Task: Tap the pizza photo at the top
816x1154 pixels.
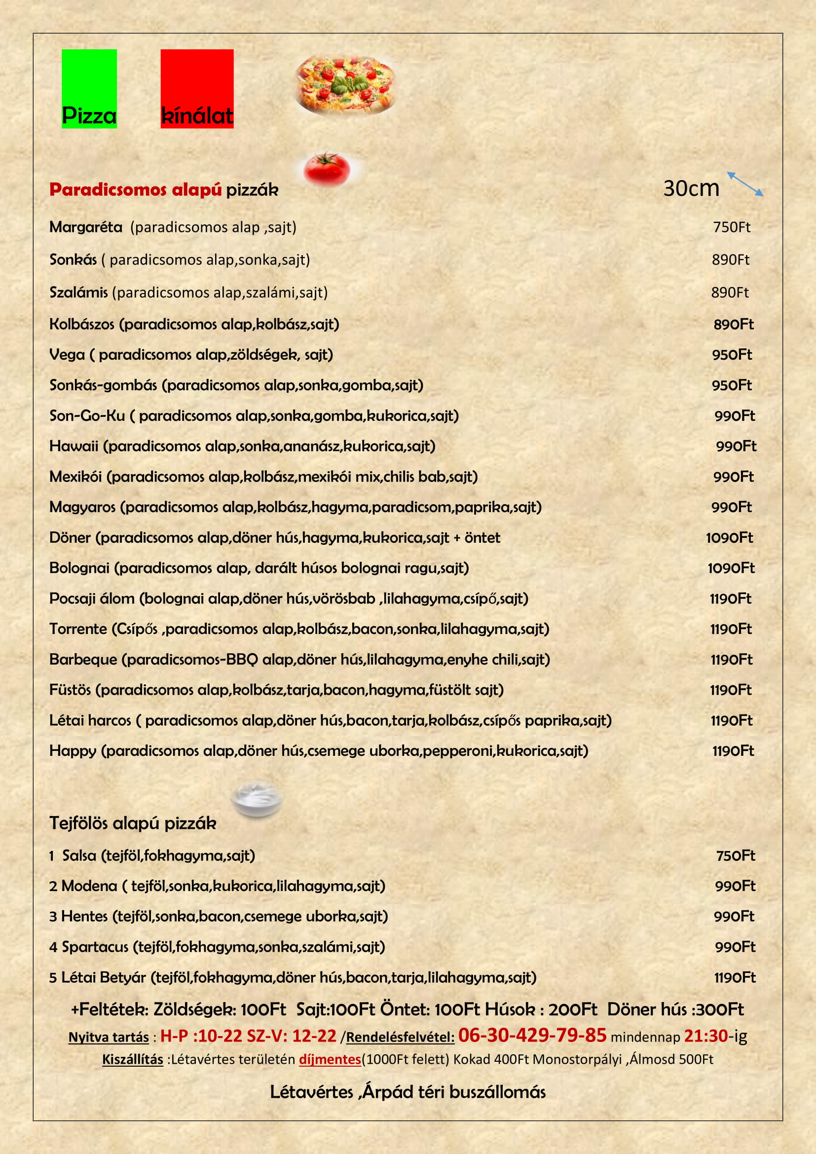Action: (x=345, y=84)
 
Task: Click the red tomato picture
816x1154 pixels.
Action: (x=327, y=168)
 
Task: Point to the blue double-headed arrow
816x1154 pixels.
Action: (x=745, y=184)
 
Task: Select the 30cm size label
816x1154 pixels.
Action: (x=691, y=188)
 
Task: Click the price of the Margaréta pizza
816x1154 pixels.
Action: (x=732, y=227)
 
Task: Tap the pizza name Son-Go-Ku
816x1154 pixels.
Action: (x=87, y=415)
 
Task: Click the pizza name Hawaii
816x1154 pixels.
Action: (x=74, y=447)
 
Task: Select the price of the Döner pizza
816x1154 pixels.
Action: (x=730, y=538)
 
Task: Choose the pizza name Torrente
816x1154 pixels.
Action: (x=78, y=629)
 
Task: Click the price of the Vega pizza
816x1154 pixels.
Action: (x=732, y=355)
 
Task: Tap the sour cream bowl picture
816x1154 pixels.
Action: (x=257, y=798)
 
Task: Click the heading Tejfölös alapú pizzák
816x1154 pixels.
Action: (x=133, y=823)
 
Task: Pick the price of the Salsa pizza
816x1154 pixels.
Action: (x=736, y=856)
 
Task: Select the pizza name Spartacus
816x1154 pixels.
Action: (x=95, y=947)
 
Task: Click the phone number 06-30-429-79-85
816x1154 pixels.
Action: (x=532, y=1035)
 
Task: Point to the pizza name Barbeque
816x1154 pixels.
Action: (x=83, y=660)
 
